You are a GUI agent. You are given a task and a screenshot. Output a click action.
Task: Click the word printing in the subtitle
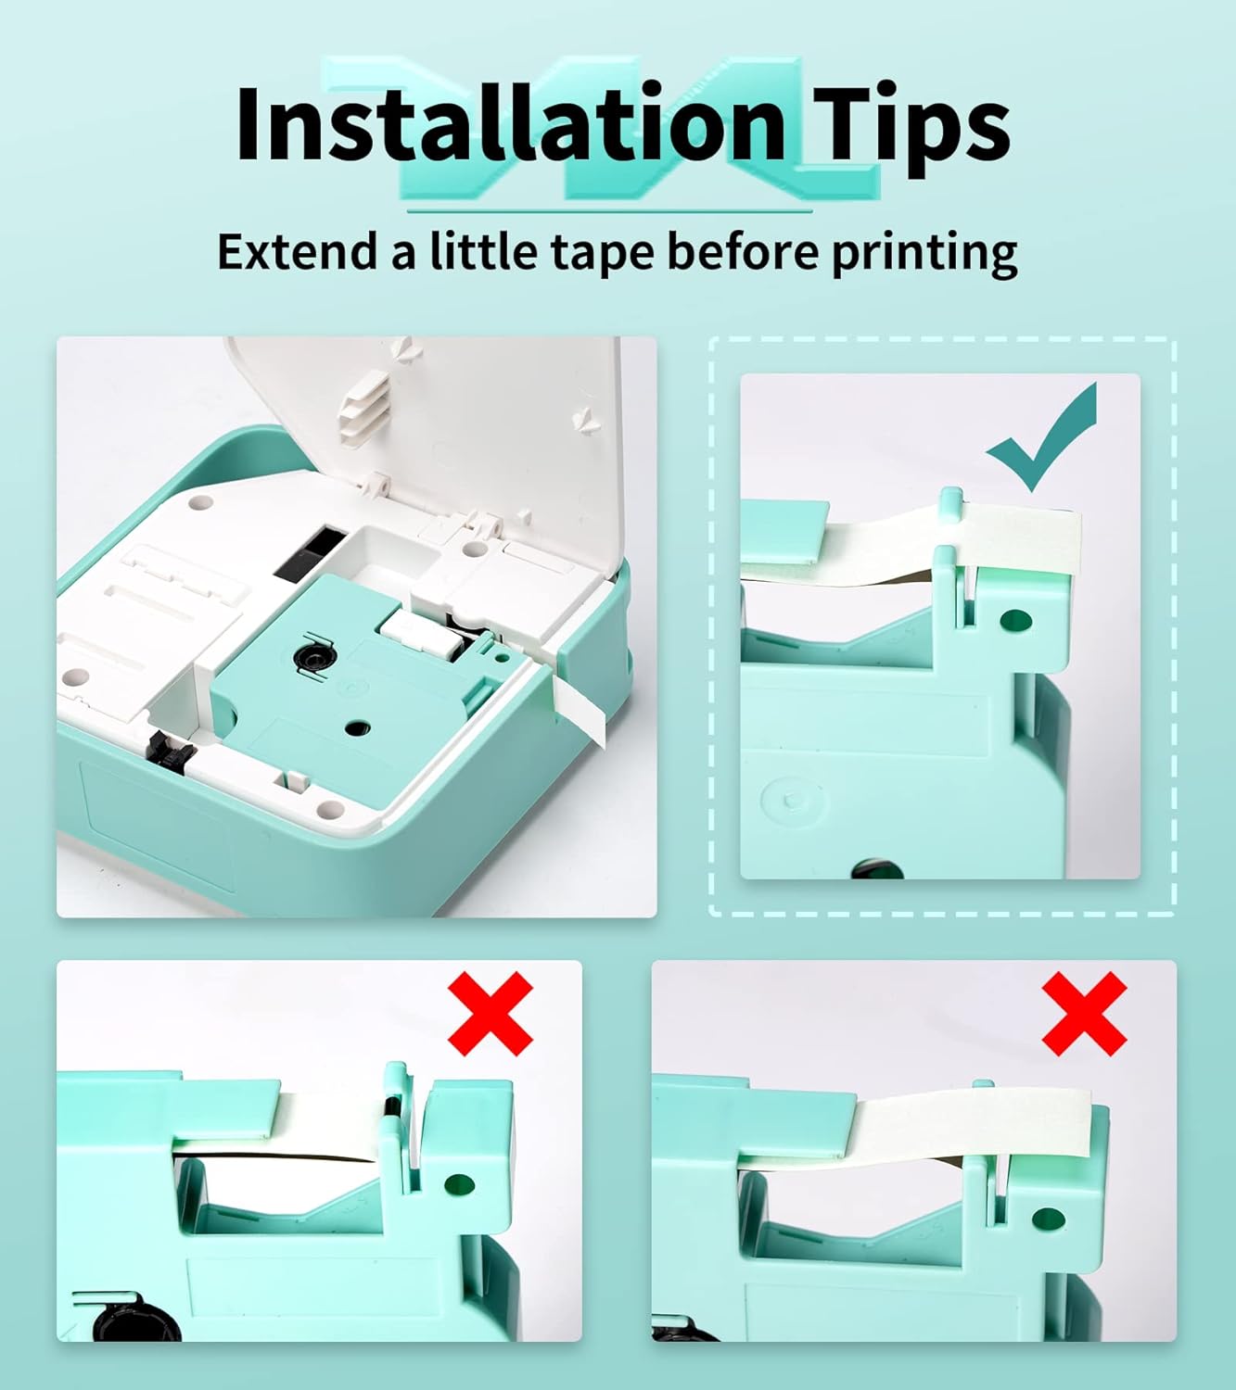[x=924, y=254]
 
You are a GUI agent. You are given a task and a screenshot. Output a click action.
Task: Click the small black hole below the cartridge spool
[x=358, y=728]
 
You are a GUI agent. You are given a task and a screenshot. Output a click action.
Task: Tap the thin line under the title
[x=610, y=211]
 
